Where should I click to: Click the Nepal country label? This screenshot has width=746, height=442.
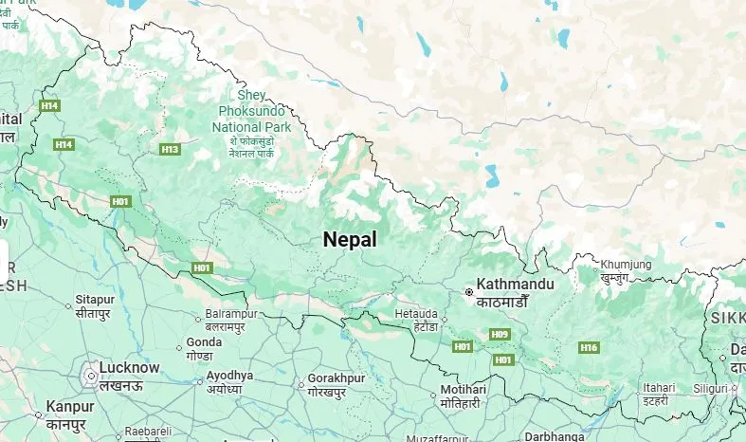coord(349,239)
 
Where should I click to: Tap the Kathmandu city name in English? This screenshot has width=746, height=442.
coord(515,284)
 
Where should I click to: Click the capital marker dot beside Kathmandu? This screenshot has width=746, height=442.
coord(468,293)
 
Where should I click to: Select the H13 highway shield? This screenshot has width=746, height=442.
coord(170,149)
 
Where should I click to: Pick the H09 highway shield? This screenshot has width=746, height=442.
coord(500,334)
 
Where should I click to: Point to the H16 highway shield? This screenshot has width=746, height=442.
coord(589,348)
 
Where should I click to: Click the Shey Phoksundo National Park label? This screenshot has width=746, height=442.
coord(252,112)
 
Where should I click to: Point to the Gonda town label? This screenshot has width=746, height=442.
coord(204,341)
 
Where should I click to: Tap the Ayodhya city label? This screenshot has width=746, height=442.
coord(230,376)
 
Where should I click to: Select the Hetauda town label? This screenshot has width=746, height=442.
coord(415,312)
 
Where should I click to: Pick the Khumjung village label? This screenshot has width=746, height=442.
coord(626,264)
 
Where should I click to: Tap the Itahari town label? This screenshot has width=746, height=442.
coord(658,388)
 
